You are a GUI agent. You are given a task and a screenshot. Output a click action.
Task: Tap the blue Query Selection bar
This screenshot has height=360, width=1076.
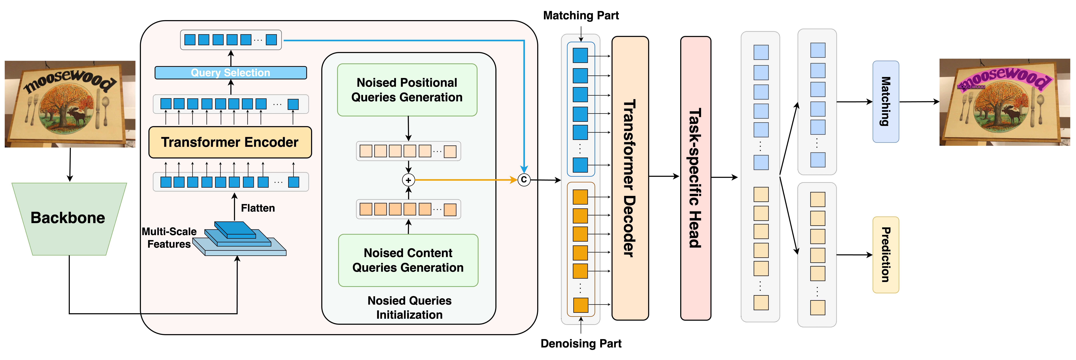[231, 73]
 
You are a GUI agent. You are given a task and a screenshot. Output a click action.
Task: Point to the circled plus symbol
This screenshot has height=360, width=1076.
[408, 180]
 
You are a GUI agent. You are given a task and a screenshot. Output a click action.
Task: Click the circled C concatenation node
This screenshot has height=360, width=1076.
[524, 180]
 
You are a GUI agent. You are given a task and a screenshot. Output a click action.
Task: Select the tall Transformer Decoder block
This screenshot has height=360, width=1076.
[630, 178]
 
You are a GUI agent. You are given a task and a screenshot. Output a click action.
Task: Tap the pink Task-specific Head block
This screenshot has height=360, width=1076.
[696, 178]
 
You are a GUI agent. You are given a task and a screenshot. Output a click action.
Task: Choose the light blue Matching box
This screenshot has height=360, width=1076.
[886, 101]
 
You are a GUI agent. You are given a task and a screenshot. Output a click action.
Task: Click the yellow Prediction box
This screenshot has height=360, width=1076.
[886, 255]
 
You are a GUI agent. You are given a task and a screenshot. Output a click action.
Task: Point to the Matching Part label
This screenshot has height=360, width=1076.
[581, 15]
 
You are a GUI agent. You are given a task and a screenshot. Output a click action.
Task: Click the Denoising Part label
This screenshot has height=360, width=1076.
[581, 343]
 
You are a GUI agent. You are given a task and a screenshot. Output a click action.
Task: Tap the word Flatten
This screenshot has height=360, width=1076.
[258, 208]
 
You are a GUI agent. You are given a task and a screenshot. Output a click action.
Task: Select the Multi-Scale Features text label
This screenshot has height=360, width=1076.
[169, 238]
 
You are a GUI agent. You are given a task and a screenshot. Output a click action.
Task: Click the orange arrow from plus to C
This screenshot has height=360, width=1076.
[464, 180]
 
